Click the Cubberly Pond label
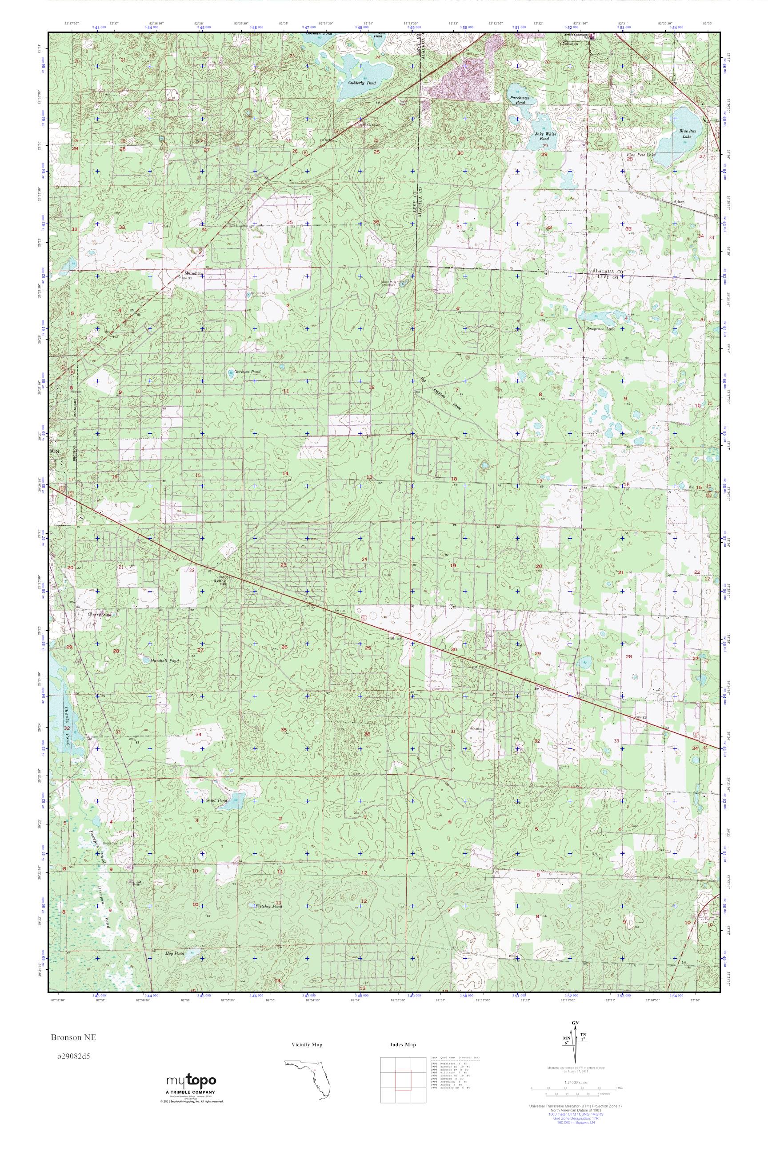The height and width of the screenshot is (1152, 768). click(362, 83)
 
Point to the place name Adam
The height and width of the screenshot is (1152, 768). click(678, 202)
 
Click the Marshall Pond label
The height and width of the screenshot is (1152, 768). click(165, 661)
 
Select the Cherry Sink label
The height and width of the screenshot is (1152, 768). click(100, 614)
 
